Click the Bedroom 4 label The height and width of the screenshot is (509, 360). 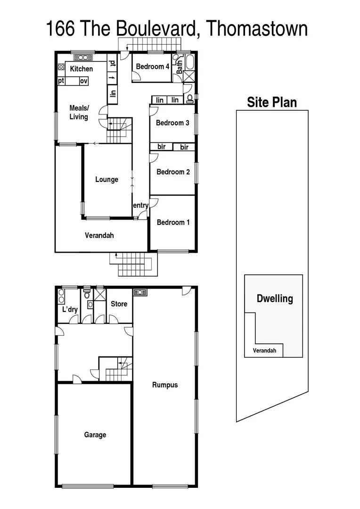152,67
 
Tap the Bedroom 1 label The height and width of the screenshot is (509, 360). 173,222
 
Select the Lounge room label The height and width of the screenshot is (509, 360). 106,180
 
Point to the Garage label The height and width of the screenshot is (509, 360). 95,435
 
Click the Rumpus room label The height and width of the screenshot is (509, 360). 165,385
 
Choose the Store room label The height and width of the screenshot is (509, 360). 119,304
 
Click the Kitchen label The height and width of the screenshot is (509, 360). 82,69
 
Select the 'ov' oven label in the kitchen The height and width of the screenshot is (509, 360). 83,81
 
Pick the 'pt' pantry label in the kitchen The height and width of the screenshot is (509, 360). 61,81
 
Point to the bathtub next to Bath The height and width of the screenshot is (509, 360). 190,62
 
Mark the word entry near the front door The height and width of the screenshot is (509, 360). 140,205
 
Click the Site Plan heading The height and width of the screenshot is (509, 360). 272,102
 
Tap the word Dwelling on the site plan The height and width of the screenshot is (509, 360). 274,298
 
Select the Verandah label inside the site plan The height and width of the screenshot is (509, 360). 264,351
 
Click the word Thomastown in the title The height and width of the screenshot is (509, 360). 257,29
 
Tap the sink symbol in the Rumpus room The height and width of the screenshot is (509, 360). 140,292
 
